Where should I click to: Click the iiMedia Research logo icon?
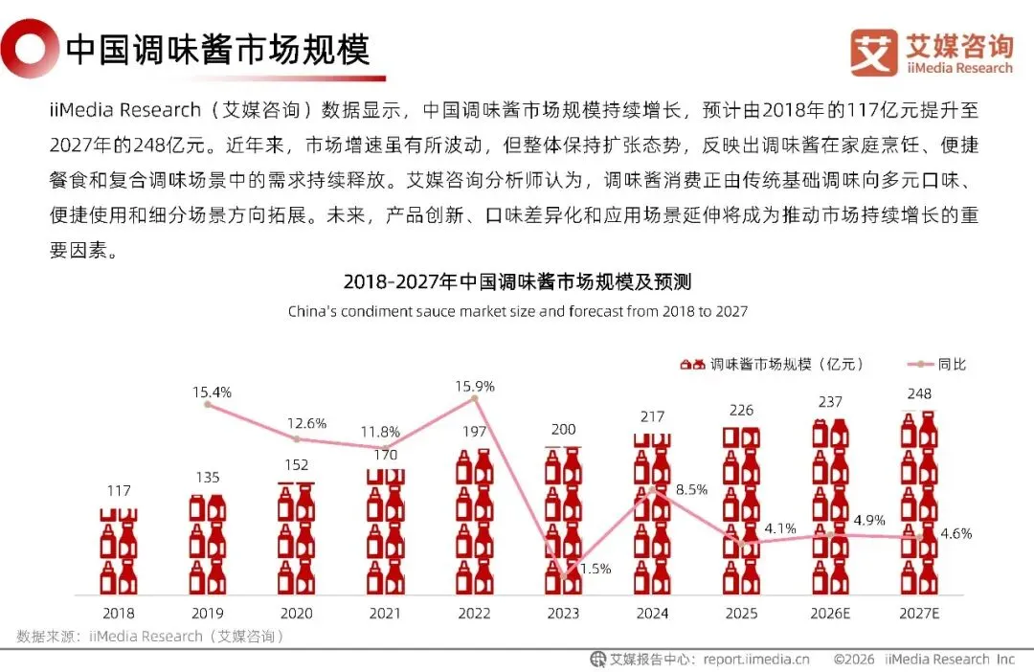(x=874, y=52)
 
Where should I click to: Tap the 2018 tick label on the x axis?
(x=119, y=614)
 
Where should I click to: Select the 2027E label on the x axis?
(x=919, y=614)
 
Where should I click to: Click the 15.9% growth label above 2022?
(x=475, y=387)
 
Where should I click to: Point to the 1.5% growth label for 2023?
(x=596, y=569)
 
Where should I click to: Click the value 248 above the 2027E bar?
(x=919, y=393)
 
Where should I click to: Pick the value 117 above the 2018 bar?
(x=119, y=491)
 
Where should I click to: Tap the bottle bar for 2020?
(x=297, y=538)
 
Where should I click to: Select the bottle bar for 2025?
(x=741, y=510)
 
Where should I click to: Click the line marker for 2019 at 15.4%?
(x=208, y=404)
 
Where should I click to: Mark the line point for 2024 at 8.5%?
(x=652, y=490)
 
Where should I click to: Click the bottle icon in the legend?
(x=692, y=364)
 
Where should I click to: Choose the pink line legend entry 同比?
(x=936, y=364)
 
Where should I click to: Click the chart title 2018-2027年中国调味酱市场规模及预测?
(x=518, y=282)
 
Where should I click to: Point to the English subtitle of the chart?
(x=518, y=311)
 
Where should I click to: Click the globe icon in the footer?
(x=597, y=659)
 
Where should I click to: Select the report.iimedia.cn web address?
(x=756, y=660)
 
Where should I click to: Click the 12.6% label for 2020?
(x=306, y=423)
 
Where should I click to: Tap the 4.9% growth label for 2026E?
(x=869, y=521)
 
